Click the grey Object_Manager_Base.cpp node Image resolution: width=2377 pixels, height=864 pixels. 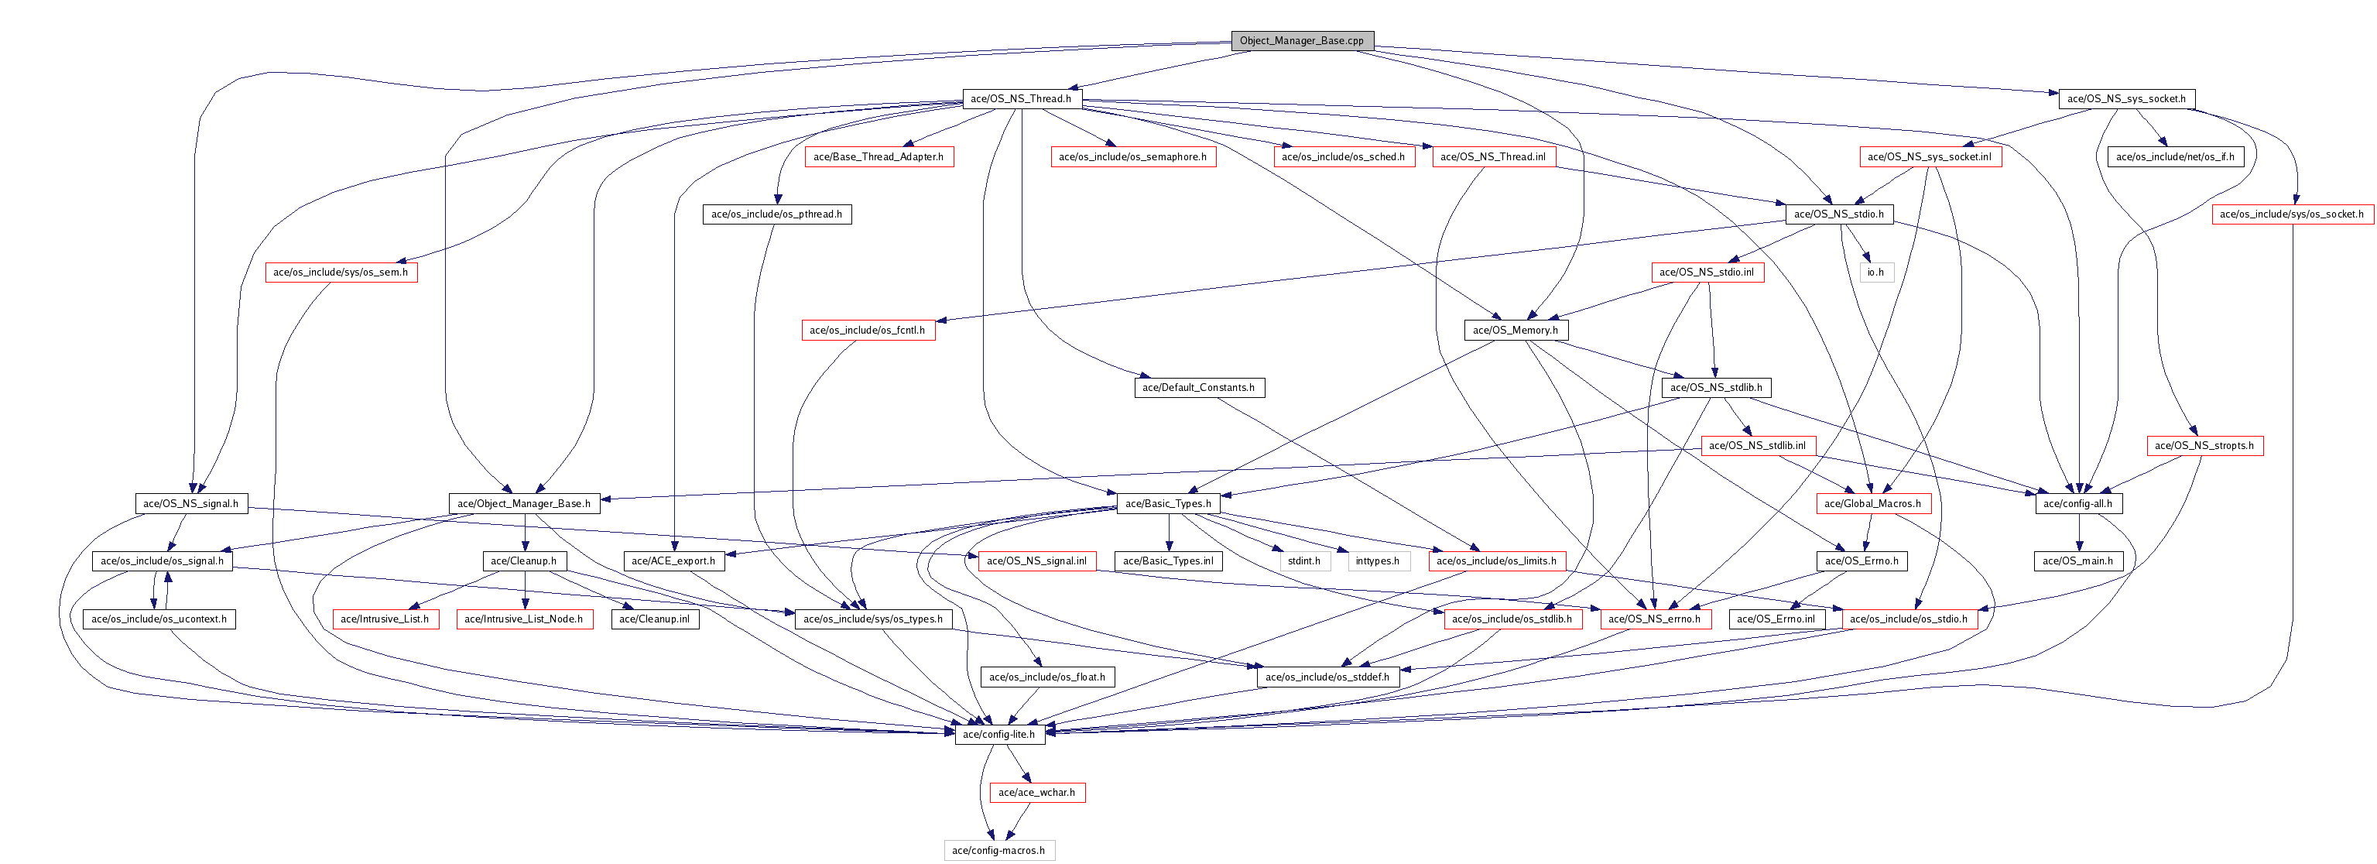point(1301,40)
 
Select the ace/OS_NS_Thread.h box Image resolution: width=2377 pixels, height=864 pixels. point(1021,99)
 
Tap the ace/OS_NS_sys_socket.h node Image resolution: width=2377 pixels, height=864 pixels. point(2126,99)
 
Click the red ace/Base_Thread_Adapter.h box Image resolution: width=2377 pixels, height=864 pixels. point(879,157)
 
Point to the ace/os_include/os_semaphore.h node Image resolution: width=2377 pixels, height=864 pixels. point(1133,157)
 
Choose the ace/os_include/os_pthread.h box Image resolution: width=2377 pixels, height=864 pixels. point(776,214)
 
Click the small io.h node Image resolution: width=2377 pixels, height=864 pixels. point(1875,273)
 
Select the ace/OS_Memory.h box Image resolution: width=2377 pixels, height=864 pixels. point(1516,330)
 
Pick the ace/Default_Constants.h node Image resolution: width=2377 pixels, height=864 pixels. point(1199,388)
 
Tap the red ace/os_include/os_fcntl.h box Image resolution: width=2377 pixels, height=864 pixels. point(868,330)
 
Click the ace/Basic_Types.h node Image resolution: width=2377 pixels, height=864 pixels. point(1168,503)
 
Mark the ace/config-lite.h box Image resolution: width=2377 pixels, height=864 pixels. point(998,735)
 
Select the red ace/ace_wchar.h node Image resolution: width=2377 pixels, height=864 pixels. point(1036,792)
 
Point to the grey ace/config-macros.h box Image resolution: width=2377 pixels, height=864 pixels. point(998,850)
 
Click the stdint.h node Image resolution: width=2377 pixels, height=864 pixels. point(1304,561)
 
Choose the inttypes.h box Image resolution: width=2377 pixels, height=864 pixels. point(1378,561)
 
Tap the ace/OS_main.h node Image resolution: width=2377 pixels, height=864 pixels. point(2077,561)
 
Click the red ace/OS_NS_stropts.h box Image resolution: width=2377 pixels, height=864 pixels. point(2204,446)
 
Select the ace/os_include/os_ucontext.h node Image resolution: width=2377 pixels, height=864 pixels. point(159,619)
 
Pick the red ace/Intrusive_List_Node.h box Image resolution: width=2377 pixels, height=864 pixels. point(523,619)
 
